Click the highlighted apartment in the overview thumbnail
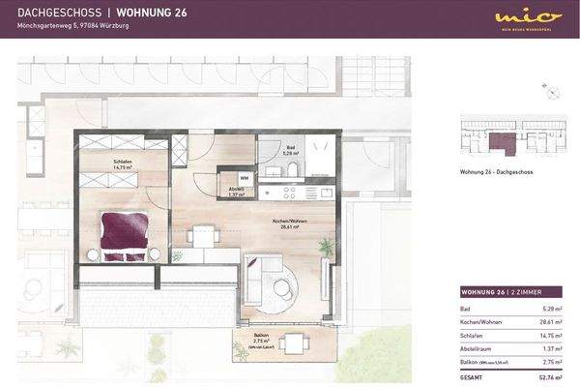tap(501, 143)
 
